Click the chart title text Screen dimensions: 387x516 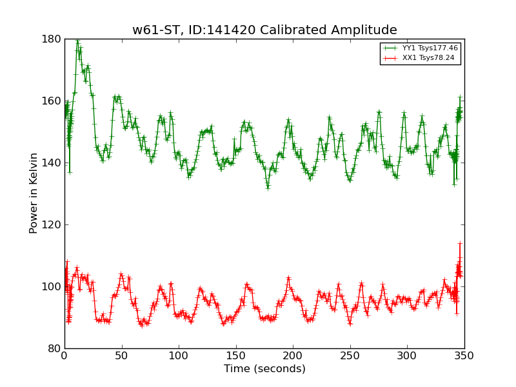pyautogui.click(x=264, y=30)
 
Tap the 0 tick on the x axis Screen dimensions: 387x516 pyautogui.click(x=64, y=355)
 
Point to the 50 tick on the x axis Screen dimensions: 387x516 pyautogui.click(x=121, y=355)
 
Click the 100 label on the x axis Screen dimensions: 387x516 pyautogui.click(x=179, y=355)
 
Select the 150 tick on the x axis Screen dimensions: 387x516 pyautogui.click(x=235, y=355)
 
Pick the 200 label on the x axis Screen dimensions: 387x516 pyautogui.click(x=293, y=355)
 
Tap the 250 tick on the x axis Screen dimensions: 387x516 pyautogui.click(x=350, y=355)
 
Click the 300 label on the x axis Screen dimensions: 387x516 pyautogui.click(x=407, y=355)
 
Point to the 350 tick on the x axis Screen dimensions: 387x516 pyautogui.click(x=464, y=355)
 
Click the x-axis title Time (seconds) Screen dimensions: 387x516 pyautogui.click(x=264, y=369)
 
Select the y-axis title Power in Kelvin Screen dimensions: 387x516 pyautogui.click(x=34, y=193)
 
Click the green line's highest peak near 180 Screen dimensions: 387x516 pyautogui.click(x=77, y=41)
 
